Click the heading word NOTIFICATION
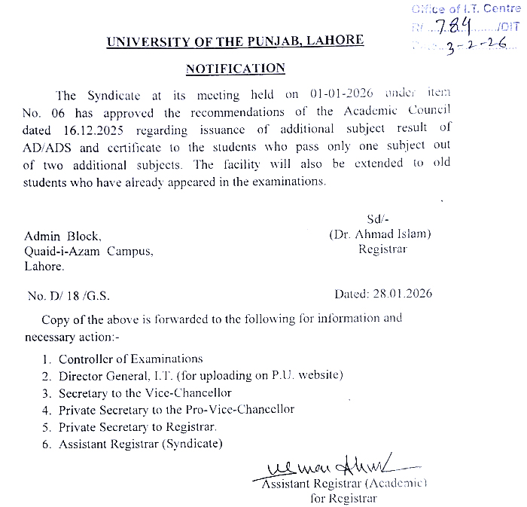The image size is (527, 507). (x=236, y=69)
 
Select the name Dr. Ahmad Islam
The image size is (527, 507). (x=380, y=234)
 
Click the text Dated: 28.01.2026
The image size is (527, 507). (x=383, y=293)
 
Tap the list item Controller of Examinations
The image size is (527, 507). (x=130, y=359)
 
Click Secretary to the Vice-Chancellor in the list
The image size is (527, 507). (x=145, y=392)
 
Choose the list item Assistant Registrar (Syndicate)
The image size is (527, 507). (x=140, y=444)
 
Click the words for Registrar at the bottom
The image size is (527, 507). (x=343, y=497)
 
